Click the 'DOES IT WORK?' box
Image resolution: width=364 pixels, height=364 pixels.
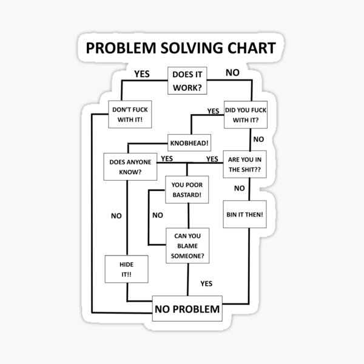click(187, 82)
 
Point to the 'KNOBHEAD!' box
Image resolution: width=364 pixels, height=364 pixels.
click(189, 144)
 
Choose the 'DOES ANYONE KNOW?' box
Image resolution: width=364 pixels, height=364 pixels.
click(126, 167)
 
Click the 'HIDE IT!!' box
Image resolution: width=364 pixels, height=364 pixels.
click(126, 269)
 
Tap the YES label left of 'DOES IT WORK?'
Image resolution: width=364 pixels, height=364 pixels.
click(141, 74)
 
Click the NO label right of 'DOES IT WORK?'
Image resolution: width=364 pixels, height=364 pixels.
click(232, 73)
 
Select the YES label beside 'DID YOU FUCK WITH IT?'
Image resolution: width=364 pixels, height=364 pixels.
click(213, 111)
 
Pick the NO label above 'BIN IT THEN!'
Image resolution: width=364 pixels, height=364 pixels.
click(240, 188)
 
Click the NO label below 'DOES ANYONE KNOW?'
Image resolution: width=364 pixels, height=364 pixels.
click(116, 215)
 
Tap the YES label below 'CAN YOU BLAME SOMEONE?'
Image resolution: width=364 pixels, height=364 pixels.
click(206, 283)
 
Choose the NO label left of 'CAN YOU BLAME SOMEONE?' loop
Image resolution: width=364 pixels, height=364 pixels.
click(157, 215)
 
